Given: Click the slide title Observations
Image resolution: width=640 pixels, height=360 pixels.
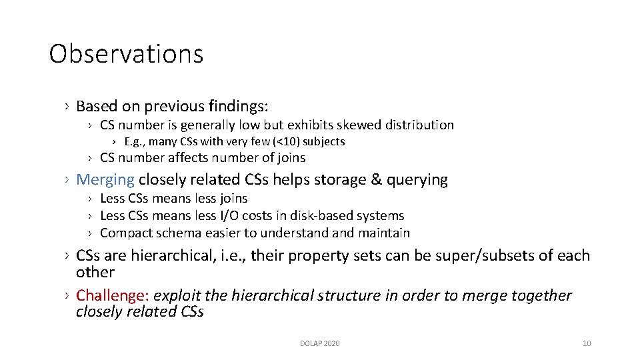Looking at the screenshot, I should (126, 54).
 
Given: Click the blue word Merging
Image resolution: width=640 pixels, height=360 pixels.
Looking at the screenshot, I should (105, 179).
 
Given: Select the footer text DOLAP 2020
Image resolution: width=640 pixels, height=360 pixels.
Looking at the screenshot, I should (319, 343).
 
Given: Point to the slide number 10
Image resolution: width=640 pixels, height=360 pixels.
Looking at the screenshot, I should (586, 343).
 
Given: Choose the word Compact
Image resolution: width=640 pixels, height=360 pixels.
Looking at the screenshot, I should (124, 233).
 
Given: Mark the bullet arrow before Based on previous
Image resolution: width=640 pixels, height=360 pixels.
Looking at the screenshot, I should (67, 106).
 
